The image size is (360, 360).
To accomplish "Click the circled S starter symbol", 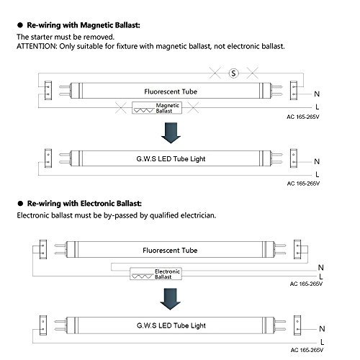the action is pyautogui.click(x=233, y=73).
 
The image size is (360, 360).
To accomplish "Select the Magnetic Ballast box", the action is pyautogui.click(x=157, y=108).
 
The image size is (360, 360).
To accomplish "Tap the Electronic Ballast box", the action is pyautogui.click(x=156, y=274).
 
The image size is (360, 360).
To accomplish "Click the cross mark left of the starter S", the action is pyautogui.click(x=215, y=73).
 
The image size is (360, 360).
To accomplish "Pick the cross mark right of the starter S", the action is pyautogui.click(x=253, y=73).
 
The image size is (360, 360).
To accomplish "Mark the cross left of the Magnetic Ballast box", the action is pyautogui.click(x=121, y=107).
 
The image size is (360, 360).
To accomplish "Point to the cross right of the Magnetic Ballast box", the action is pyautogui.click(x=193, y=107).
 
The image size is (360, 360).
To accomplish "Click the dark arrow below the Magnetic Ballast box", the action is pyautogui.click(x=171, y=133).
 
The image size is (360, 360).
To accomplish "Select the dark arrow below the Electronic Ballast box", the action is pyautogui.click(x=170, y=299).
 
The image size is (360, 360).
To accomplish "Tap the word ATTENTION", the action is pyautogui.click(x=36, y=46).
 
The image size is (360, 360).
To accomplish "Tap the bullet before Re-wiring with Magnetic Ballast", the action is pyautogui.click(x=20, y=25).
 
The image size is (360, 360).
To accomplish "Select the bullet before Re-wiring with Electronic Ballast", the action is pyautogui.click(x=20, y=204).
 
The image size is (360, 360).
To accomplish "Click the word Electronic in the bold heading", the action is pyautogui.click(x=97, y=204).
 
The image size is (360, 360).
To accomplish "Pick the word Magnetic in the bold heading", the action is pyautogui.click(x=94, y=25).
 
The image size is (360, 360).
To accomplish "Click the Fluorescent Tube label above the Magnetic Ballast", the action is pyautogui.click(x=171, y=91).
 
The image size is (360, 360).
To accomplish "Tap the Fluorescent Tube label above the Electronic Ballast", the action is pyautogui.click(x=170, y=251).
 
